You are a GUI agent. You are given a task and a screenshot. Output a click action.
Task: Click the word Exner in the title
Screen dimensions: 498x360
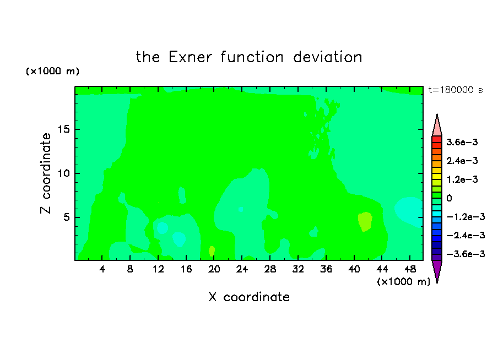(190, 57)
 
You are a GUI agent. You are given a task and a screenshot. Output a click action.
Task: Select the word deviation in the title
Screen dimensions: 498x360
(327, 57)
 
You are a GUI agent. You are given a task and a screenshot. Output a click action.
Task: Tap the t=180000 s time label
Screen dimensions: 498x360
(456, 90)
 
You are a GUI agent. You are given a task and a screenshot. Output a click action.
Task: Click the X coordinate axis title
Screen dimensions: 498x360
(249, 297)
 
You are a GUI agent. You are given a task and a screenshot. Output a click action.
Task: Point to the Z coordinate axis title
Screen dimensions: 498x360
(45, 173)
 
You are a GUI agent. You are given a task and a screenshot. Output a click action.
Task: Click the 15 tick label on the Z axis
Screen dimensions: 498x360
(63, 129)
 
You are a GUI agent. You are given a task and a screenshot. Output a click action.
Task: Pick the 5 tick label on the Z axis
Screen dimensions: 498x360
(66, 217)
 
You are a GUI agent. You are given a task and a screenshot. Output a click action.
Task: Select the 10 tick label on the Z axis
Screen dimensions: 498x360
(63, 173)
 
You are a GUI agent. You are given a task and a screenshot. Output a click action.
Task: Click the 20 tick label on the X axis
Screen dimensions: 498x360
(214, 269)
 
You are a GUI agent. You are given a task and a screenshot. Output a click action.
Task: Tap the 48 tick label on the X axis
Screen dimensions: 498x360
(410, 269)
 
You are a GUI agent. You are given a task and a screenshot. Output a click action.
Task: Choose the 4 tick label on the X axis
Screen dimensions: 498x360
(102, 269)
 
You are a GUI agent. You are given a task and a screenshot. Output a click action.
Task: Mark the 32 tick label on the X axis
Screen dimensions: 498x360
(298, 269)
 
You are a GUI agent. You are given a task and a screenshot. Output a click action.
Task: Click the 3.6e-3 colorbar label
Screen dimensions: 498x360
(462, 142)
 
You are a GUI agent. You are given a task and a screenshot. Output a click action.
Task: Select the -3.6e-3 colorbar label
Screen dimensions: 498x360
(465, 254)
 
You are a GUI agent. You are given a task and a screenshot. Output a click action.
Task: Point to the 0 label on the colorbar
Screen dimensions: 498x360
(449, 198)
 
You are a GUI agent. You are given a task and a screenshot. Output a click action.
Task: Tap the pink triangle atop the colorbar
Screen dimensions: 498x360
(437, 126)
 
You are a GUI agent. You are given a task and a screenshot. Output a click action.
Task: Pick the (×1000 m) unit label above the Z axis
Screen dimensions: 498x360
(52, 71)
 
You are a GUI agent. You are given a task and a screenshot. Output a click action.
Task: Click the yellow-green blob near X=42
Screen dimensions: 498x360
(365, 222)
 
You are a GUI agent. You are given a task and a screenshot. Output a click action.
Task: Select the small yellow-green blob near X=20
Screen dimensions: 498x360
(212, 251)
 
